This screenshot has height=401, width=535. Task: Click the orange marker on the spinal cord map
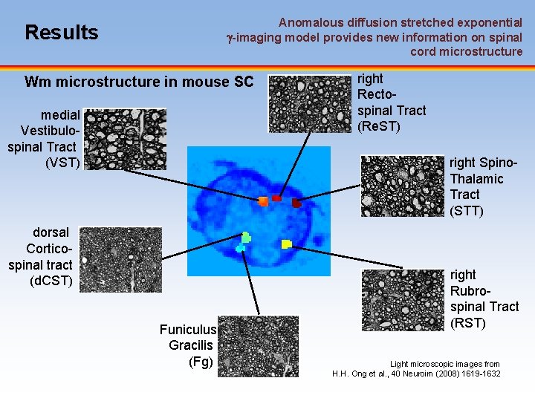[262, 200]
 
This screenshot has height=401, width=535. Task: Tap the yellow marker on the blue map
[286, 244]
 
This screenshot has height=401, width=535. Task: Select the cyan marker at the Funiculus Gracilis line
[240, 249]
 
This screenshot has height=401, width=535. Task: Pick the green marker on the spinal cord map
[246, 238]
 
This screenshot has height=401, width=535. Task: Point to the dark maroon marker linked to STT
[296, 202]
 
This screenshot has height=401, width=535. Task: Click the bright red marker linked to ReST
[276, 198]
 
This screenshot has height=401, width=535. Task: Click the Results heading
[61, 33]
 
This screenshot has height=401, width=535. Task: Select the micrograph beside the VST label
[126, 139]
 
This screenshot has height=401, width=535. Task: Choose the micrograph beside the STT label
[402, 185]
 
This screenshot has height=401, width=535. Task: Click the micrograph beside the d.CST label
[120, 258]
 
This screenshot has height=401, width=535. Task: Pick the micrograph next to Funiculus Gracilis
[259, 345]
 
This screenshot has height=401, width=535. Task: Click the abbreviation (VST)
[62, 162]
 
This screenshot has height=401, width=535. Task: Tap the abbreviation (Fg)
[201, 362]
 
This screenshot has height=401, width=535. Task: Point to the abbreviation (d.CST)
[51, 281]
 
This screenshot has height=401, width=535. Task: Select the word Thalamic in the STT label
[476, 178]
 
